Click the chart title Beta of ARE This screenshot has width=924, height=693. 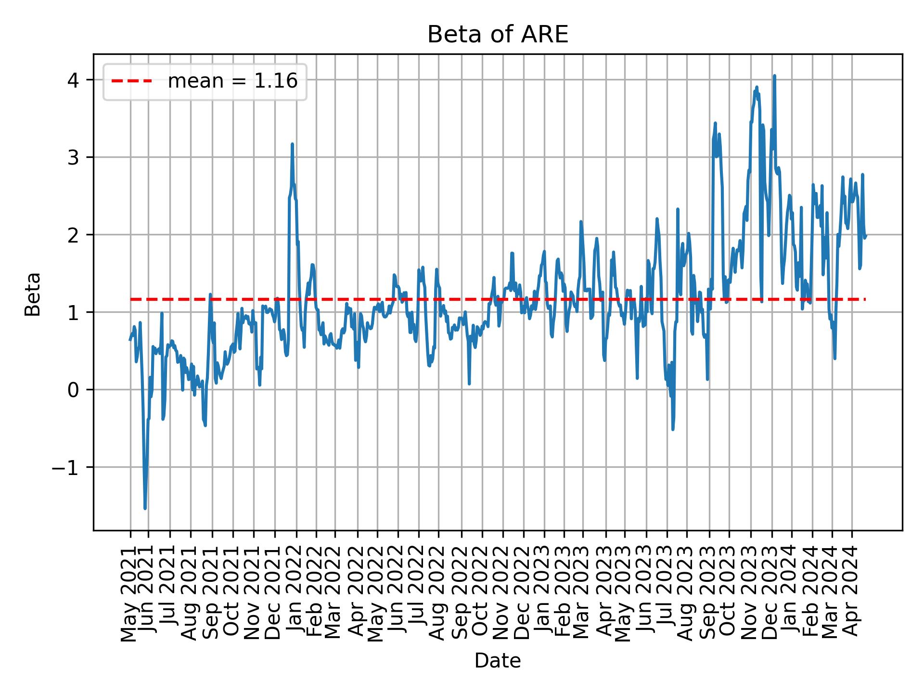click(498, 35)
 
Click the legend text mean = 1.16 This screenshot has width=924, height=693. click(232, 81)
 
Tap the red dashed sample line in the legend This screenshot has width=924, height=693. click(132, 81)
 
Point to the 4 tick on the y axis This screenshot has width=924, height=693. click(73, 80)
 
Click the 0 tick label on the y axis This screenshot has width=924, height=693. click(73, 390)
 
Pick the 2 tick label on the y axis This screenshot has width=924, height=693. click(73, 235)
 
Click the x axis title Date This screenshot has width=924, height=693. click(498, 661)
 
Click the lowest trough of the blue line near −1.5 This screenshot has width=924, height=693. click(145, 508)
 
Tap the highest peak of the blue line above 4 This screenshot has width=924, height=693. click(774, 76)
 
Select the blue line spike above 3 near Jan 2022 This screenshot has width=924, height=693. click(292, 144)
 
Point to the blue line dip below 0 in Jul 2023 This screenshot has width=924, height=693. click(673, 429)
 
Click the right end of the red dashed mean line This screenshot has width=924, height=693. click(865, 299)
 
